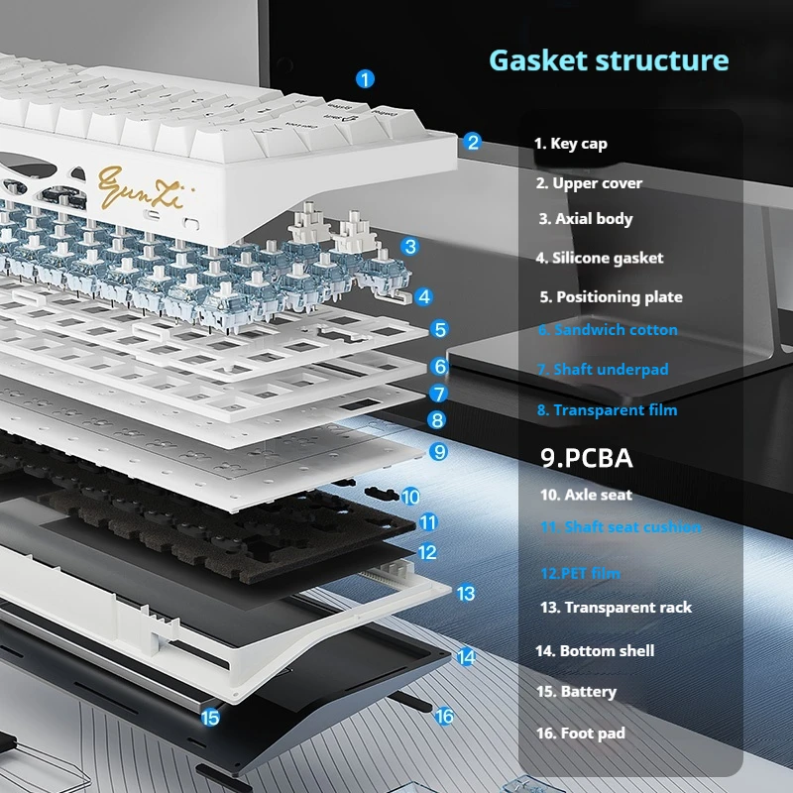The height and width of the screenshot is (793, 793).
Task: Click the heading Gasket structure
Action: (x=609, y=60)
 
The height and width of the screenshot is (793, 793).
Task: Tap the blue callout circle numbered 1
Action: (x=365, y=78)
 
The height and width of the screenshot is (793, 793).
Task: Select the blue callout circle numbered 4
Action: (x=424, y=295)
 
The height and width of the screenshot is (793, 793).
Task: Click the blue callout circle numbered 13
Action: (x=466, y=593)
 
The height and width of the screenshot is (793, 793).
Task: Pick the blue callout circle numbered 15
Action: (x=209, y=717)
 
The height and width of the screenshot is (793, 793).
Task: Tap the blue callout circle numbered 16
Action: (x=444, y=715)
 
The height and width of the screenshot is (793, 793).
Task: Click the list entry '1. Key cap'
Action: (x=571, y=144)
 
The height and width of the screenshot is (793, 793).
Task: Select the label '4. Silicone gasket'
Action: (x=600, y=258)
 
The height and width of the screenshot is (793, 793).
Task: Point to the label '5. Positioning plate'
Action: (x=611, y=296)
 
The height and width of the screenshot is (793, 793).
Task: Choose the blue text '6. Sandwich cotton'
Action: (x=608, y=330)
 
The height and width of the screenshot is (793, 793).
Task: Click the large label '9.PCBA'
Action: (x=587, y=458)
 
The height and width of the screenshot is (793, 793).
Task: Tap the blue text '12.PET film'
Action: (x=581, y=573)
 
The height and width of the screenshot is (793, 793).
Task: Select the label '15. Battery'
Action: (x=576, y=692)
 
